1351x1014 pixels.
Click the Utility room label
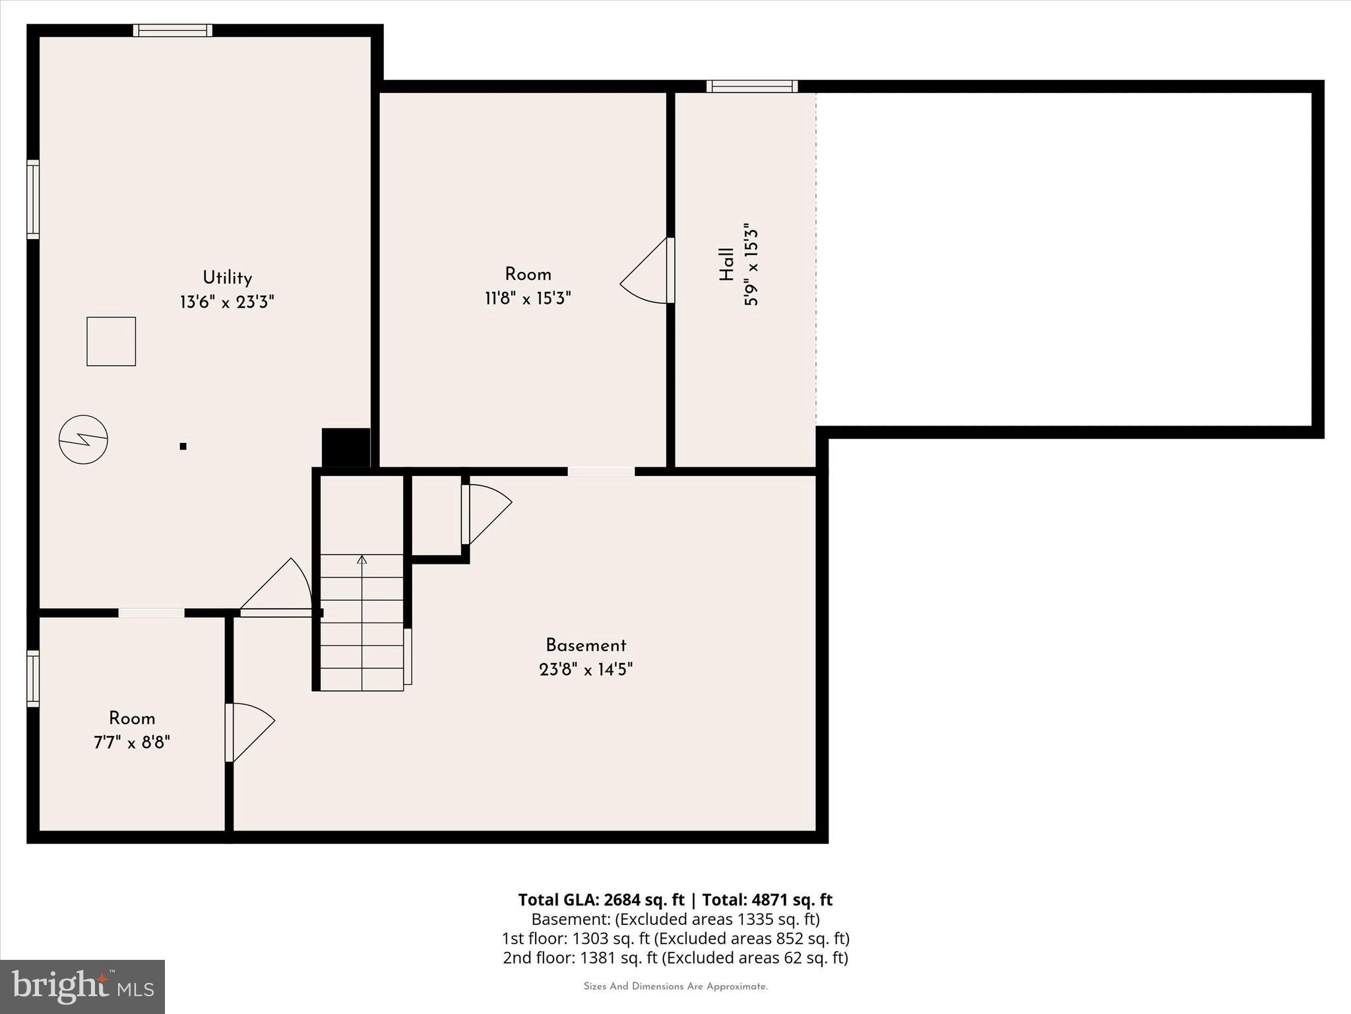click(x=227, y=278)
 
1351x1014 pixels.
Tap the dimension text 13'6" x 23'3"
click(x=227, y=302)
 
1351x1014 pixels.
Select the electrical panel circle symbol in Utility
click(x=83, y=439)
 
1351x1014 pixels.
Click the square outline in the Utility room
click(x=111, y=341)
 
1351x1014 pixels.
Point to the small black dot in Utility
click(x=183, y=446)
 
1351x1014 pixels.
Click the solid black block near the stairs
click(x=346, y=448)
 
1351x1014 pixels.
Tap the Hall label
click(x=726, y=264)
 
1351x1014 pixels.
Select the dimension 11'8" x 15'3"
click(x=528, y=298)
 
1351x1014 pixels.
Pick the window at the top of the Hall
click(x=752, y=86)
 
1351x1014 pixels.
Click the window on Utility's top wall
click(x=173, y=30)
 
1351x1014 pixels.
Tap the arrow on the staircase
click(x=361, y=560)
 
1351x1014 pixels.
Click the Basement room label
click(x=586, y=645)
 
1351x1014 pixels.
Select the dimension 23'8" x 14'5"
click(x=586, y=669)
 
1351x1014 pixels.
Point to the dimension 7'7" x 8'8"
click(x=132, y=743)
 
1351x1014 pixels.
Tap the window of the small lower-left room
click(x=33, y=679)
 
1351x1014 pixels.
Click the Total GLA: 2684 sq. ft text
click(x=601, y=900)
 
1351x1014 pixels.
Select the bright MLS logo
click(x=82, y=986)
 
